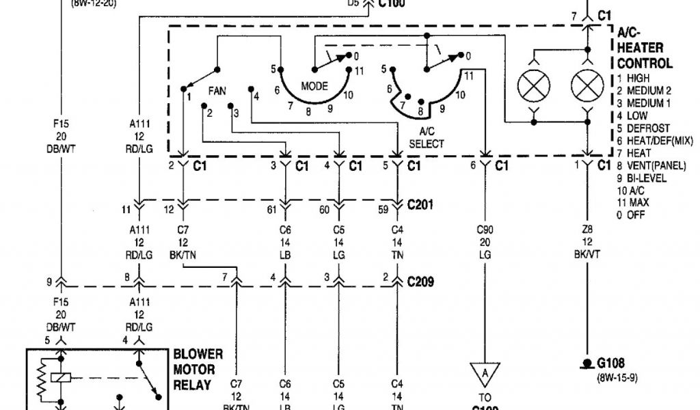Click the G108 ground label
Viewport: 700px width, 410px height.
point(611,364)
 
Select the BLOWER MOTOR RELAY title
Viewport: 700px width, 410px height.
point(198,370)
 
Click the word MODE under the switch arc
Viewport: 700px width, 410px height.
point(314,86)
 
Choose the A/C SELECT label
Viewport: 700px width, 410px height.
point(427,137)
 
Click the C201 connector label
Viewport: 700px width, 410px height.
point(421,204)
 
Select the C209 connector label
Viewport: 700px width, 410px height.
point(421,282)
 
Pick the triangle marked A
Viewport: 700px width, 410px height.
point(485,372)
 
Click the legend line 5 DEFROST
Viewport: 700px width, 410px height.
point(643,128)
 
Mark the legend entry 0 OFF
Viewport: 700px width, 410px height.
point(631,215)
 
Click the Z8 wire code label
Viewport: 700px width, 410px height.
point(587,230)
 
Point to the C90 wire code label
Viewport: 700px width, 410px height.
point(485,230)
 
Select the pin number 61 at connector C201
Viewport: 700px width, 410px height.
point(271,209)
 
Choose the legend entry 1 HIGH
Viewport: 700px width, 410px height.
point(633,78)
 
